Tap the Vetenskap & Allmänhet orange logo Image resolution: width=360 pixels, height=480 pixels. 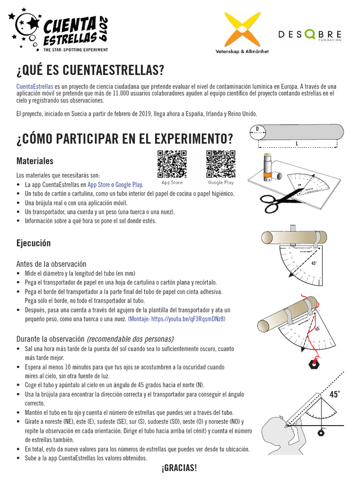tap(242, 29)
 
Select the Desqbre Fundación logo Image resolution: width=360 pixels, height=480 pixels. tap(309, 35)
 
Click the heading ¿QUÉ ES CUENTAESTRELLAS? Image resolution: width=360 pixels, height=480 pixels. tap(90, 71)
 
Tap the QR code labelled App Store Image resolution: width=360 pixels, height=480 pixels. tap(172, 164)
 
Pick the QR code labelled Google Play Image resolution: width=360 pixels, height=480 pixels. tap(221, 164)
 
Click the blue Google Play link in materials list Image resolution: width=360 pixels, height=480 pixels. tap(129, 185)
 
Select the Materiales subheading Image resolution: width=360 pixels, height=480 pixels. tap(35, 161)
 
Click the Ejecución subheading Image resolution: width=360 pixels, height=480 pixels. tap(33, 244)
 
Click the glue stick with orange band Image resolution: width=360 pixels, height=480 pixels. tap(267, 166)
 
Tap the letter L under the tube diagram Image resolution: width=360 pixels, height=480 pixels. tap(297, 143)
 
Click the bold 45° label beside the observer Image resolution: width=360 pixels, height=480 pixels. tap(334, 395)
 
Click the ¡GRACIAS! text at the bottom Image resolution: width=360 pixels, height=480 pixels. tap(179, 468)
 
